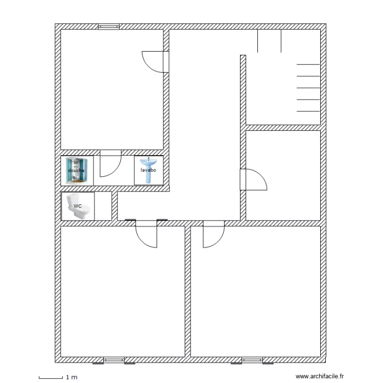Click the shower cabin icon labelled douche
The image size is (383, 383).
pos(77,171)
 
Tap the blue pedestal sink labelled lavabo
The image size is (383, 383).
pos(149,170)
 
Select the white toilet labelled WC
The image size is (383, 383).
pos(78,206)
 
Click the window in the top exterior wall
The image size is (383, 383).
pos(109,27)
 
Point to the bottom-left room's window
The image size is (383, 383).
pos(114,360)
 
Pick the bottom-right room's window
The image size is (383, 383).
pos(252,360)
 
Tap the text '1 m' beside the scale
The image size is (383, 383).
pos(71,377)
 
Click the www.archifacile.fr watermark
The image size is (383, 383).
pos(320,376)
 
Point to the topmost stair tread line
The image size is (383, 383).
pos(308,64)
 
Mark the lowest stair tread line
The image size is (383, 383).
pos(308,111)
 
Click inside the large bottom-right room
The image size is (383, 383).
pos(255,292)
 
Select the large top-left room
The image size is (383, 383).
pos(112,89)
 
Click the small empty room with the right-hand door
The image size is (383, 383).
pos(283,175)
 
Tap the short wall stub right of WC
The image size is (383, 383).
pos(114,206)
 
